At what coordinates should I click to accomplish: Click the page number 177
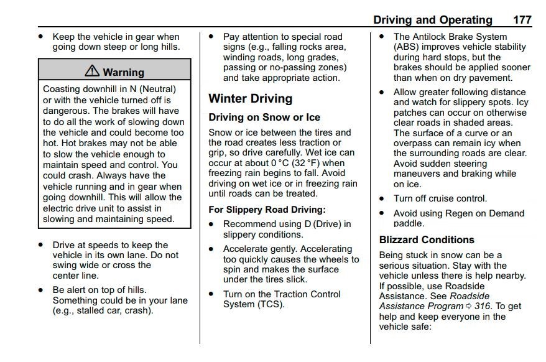522,20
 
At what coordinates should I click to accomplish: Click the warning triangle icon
93,72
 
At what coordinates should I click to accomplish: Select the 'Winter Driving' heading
250,98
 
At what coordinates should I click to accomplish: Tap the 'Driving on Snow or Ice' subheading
264,118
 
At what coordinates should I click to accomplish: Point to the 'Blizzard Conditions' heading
427,239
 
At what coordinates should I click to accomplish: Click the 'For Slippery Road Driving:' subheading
267,210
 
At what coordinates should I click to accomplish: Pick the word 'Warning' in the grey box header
123,72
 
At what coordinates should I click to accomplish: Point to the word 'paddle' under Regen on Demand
409,224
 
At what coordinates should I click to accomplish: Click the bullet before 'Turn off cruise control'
381,199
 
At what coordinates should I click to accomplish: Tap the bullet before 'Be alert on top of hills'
40,290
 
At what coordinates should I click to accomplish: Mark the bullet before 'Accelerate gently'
211,249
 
